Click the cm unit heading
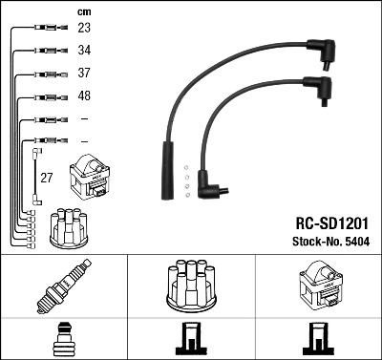click(x=82, y=11)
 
